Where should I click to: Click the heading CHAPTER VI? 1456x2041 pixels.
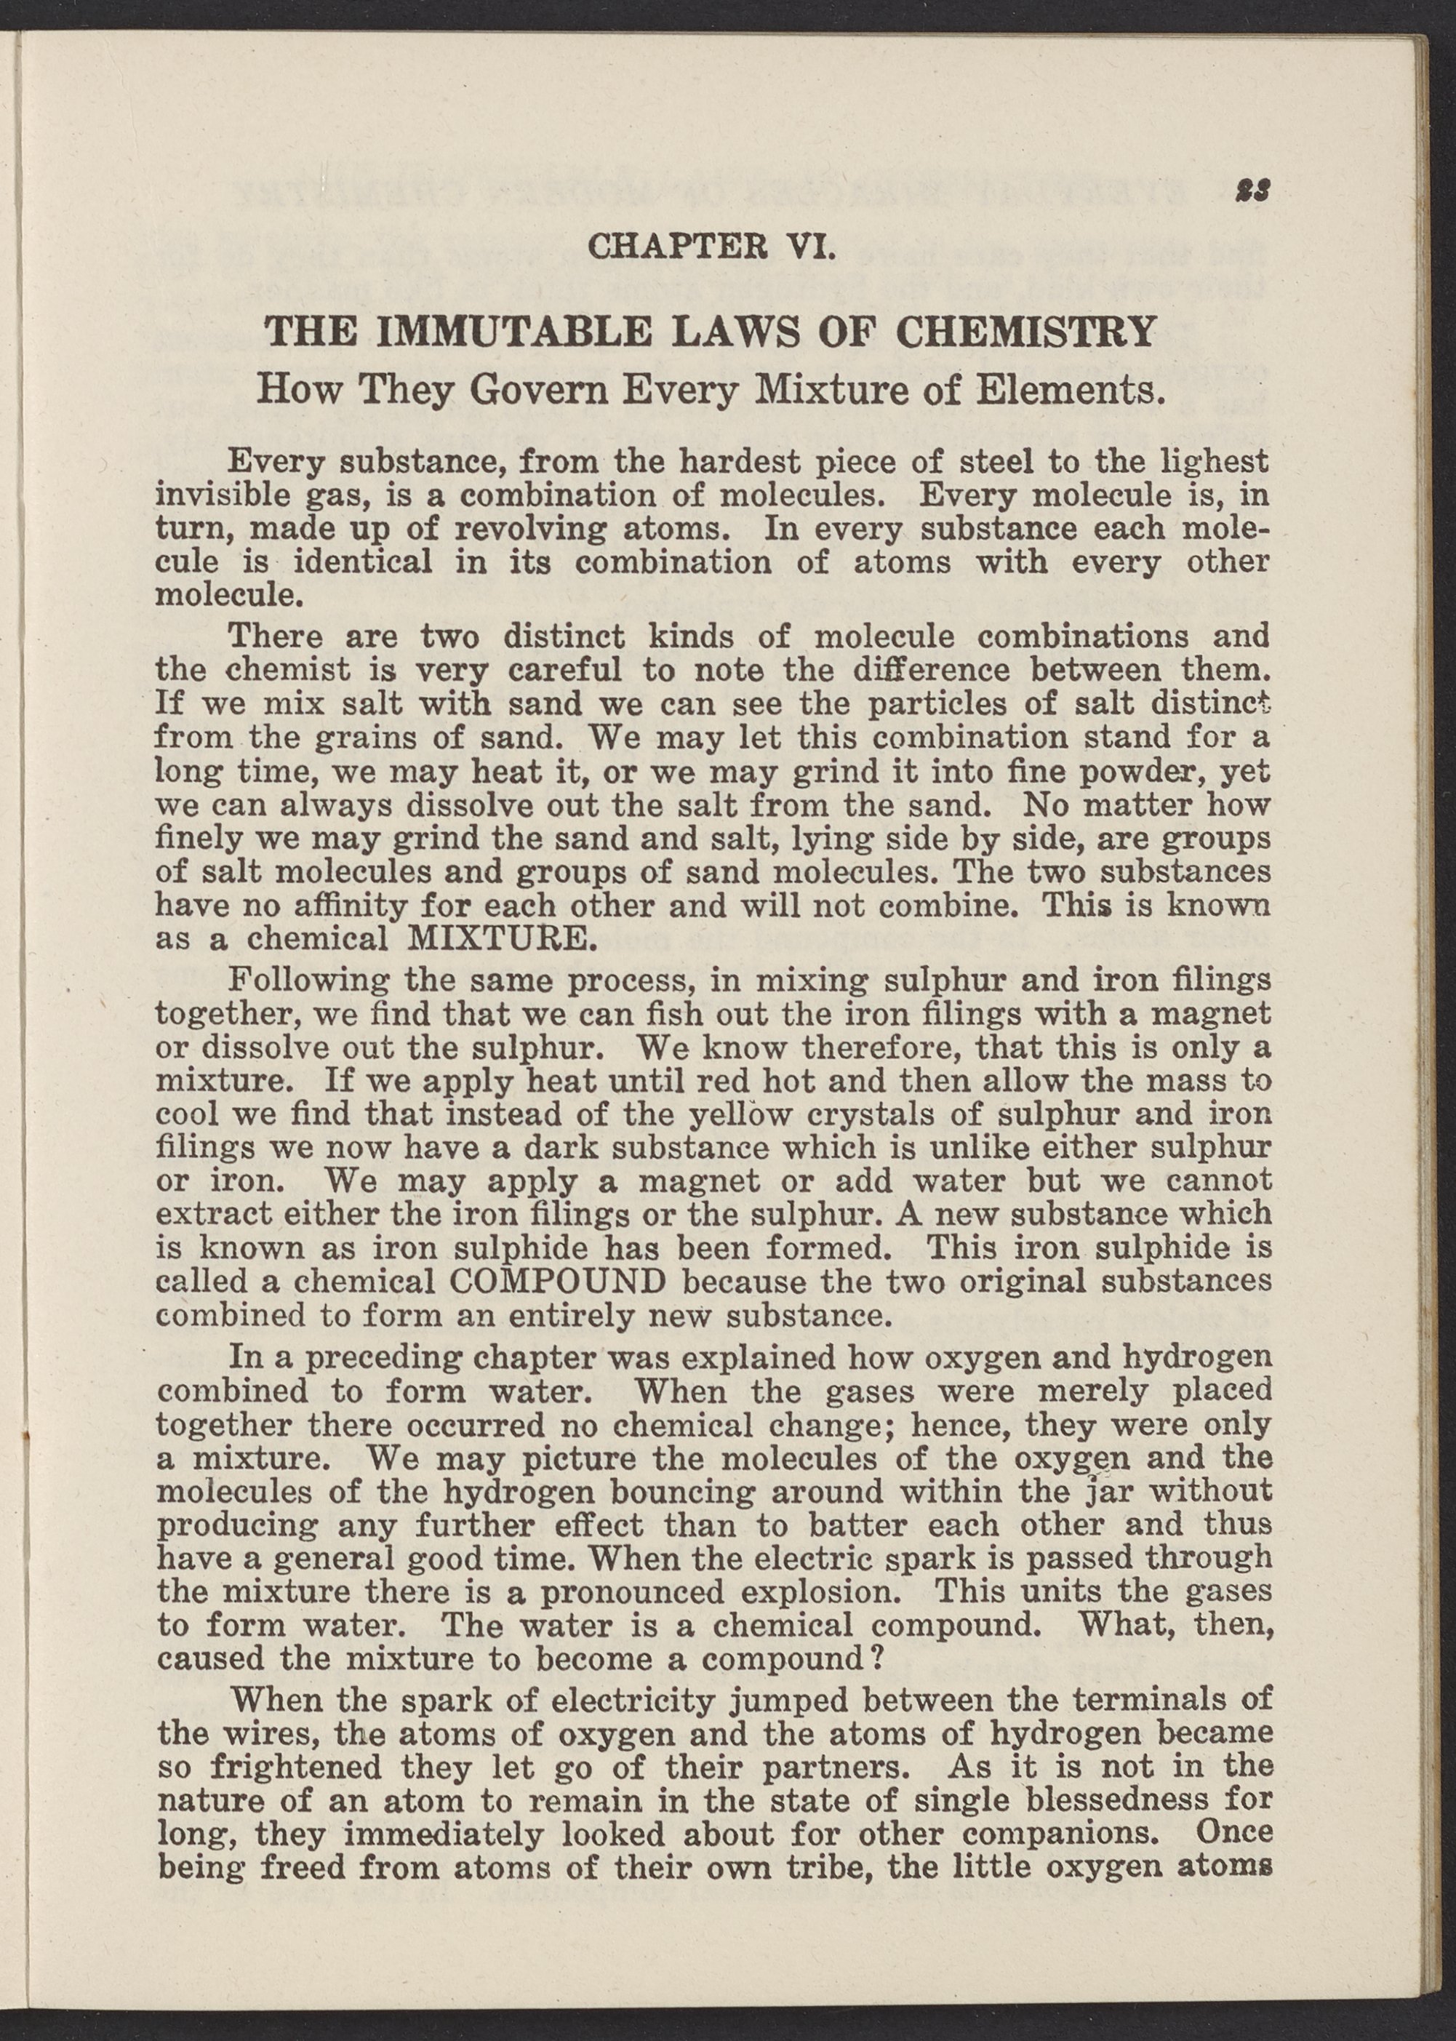coord(711,246)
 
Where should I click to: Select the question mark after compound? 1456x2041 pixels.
coord(879,1660)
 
